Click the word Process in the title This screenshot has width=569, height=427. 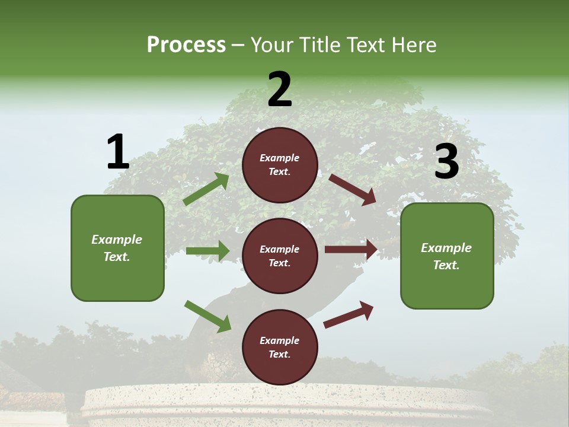coord(186,45)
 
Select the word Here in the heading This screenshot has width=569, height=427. coord(414,45)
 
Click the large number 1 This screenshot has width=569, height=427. coord(117,152)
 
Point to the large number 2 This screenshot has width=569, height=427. coord(280,90)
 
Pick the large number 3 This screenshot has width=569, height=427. coord(446,161)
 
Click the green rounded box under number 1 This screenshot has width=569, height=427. coord(117,248)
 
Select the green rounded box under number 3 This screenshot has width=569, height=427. coord(447,256)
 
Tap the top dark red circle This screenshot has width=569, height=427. coord(280,165)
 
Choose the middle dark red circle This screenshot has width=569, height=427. coord(280,256)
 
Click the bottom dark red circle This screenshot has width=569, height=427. coord(280,347)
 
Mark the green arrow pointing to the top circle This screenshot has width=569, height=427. coord(206,189)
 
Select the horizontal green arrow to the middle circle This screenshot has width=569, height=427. coord(207,251)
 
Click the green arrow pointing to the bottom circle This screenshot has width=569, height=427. coord(207,316)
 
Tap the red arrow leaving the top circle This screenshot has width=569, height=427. coord(353,189)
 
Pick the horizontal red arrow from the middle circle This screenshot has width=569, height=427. coord(351,250)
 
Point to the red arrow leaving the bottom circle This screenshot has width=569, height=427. coord(349,314)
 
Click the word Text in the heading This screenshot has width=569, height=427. coord(367,45)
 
